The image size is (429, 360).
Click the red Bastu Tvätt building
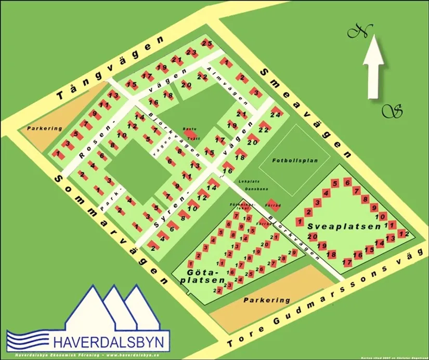pos(188,134)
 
